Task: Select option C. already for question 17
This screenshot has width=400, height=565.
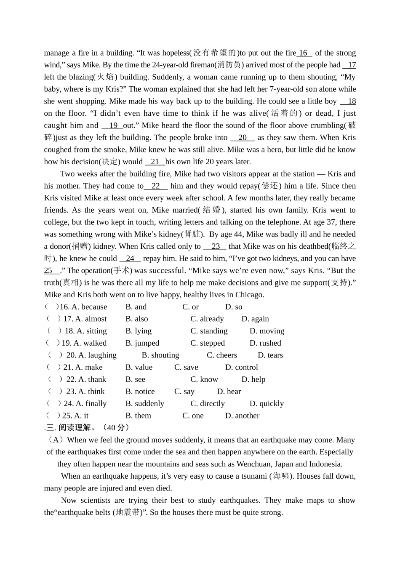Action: [207, 319]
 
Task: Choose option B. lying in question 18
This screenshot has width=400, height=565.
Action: [139, 331]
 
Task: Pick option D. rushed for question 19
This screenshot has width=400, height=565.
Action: [265, 343]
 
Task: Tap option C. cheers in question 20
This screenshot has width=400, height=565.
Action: [222, 355]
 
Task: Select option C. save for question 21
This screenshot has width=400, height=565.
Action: [186, 368]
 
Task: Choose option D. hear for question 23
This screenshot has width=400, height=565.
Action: [229, 392]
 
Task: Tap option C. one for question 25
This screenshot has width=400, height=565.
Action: [193, 416]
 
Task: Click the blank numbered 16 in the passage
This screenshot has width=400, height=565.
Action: [304, 53]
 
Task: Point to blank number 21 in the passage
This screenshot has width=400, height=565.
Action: [155, 162]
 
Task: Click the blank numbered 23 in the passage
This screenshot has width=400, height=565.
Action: [215, 247]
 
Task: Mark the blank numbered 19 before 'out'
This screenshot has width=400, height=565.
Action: [113, 125]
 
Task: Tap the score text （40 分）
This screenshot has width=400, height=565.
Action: [116, 428]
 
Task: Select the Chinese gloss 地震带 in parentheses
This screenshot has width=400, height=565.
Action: [128, 513]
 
